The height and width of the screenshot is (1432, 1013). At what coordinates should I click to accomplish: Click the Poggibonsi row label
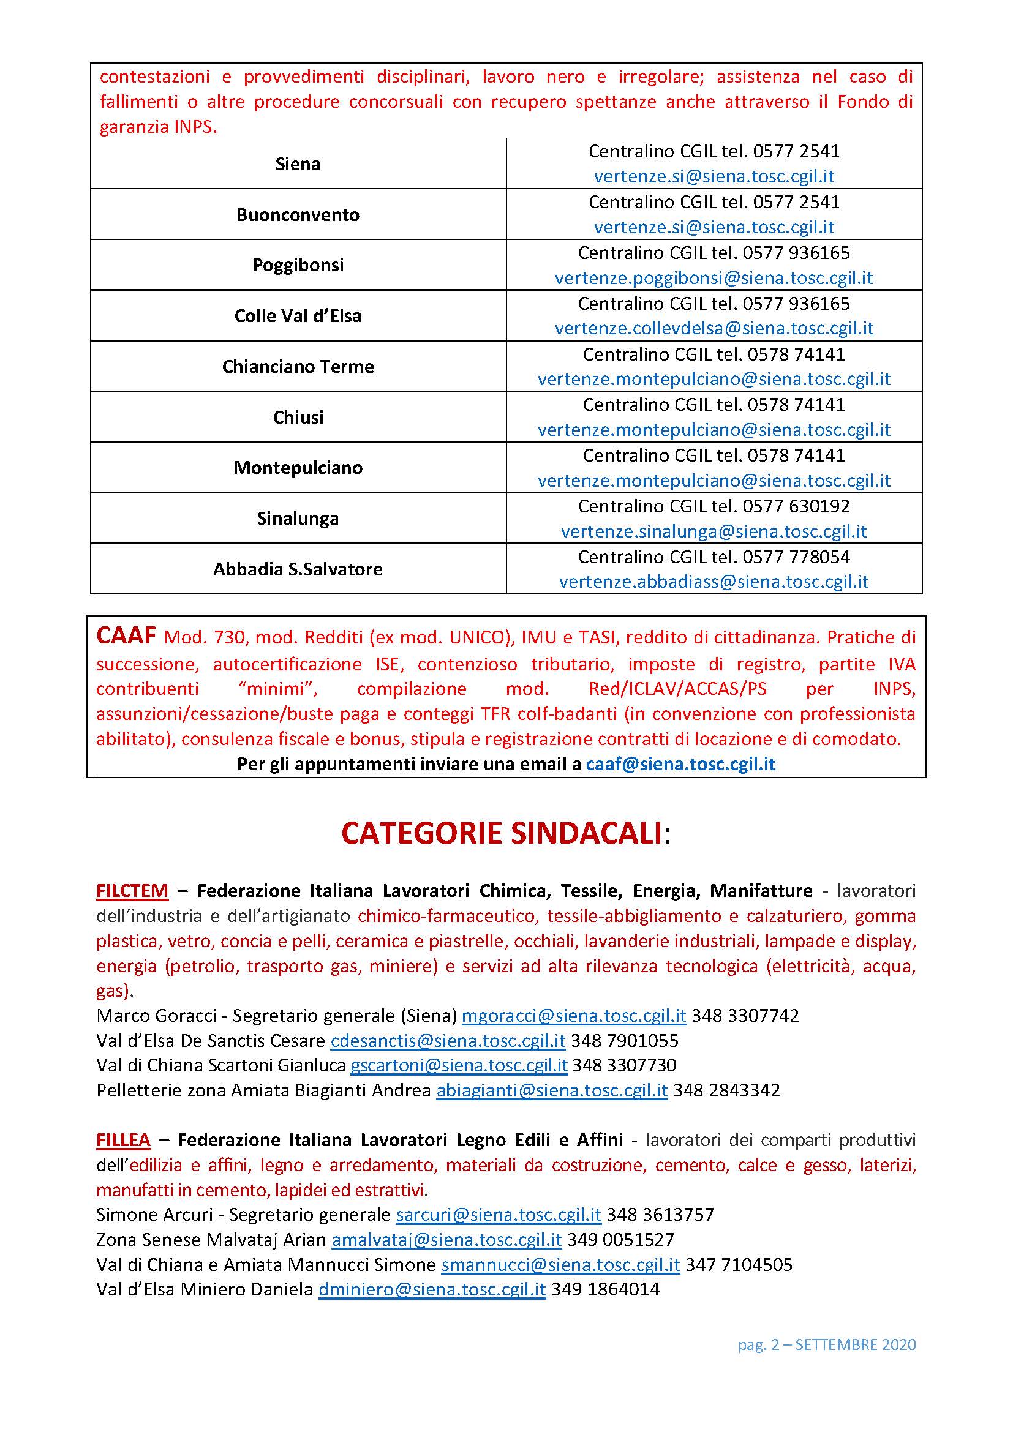click(x=298, y=265)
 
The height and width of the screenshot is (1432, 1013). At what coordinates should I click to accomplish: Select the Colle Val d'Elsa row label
click(x=298, y=315)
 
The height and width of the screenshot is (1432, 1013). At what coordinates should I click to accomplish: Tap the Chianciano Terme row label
click(x=298, y=367)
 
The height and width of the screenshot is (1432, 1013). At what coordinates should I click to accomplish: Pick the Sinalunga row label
click(x=298, y=519)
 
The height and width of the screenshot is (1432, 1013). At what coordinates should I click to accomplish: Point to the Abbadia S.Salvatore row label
click(x=298, y=569)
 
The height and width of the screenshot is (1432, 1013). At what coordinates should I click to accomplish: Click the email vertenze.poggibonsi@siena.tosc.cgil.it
click(x=714, y=278)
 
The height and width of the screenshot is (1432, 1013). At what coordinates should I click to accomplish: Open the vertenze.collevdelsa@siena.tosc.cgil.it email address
click(x=714, y=329)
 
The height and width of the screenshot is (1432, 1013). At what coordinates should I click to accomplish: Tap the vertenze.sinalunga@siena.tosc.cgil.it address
click(x=714, y=531)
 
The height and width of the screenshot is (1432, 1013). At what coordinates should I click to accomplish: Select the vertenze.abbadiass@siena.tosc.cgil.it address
click(x=714, y=582)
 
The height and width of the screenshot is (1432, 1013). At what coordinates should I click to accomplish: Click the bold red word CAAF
click(x=126, y=635)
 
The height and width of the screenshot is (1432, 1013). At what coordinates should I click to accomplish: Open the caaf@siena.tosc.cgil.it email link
click(x=680, y=764)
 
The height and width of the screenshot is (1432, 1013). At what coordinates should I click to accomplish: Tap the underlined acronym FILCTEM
click(x=132, y=891)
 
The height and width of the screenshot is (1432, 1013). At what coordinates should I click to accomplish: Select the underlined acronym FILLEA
click(x=124, y=1140)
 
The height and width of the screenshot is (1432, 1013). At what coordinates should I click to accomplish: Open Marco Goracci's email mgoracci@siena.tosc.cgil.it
click(x=573, y=1016)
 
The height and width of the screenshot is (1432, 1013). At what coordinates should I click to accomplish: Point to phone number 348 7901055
click(x=624, y=1041)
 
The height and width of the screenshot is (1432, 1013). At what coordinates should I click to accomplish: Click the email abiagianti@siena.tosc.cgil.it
click(x=551, y=1091)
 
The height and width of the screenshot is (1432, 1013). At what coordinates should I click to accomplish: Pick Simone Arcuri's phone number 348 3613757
click(x=660, y=1215)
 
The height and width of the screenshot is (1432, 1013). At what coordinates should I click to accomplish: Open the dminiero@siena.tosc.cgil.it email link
click(x=432, y=1290)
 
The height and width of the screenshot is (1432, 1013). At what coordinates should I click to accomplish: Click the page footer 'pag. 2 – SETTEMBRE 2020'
click(x=826, y=1344)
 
